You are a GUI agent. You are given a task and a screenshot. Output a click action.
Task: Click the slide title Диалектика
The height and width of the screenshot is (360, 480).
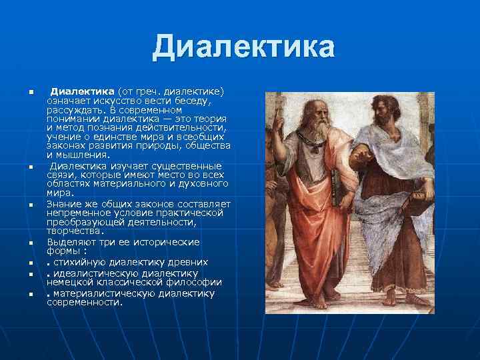coord(243,47)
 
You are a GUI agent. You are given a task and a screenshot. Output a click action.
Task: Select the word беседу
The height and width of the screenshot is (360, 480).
coord(193,100)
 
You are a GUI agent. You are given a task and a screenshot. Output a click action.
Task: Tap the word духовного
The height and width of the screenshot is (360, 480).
coord(203,183)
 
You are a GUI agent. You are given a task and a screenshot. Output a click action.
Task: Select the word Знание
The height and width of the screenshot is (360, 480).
coord(64,203)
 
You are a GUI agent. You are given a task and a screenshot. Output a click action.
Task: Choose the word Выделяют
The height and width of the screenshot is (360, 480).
coord(71,241)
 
